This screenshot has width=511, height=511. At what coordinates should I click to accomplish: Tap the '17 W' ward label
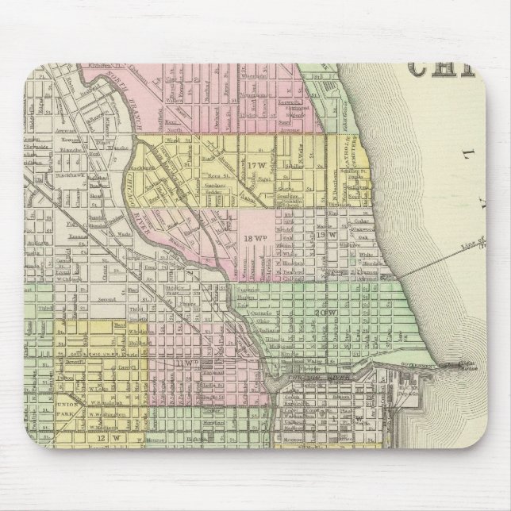(x=255, y=165)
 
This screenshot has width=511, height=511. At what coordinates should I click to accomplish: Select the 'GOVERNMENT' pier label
(x=421, y=366)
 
